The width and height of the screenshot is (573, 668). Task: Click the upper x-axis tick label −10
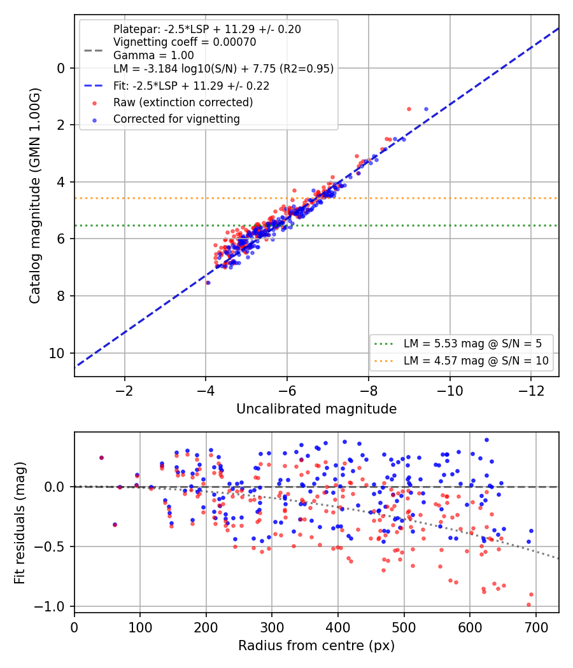pos(449,390)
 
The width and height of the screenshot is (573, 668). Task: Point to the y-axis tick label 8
pos(61,296)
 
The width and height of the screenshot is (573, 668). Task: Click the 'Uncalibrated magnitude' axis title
pos(316,409)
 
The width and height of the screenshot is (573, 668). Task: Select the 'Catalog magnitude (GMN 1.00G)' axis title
pos(35,195)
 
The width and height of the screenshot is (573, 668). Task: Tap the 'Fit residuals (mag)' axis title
pos(20,523)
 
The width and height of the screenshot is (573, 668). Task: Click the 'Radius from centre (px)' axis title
pos(316,646)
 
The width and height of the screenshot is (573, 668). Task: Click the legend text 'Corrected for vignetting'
pos(176,119)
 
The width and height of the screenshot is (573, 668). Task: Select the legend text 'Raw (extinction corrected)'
pos(183,102)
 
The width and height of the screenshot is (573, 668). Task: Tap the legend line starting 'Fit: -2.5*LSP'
pos(192,86)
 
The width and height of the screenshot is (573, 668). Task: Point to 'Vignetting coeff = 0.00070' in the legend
pos(185,42)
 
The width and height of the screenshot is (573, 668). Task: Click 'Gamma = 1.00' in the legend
pos(153,55)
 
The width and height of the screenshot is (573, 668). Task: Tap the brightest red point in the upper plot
pos(409,109)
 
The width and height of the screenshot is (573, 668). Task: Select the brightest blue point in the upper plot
pos(426,109)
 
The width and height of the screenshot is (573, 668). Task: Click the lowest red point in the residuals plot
pos(528,605)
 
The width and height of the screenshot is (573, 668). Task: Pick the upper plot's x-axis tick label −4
pos(206,390)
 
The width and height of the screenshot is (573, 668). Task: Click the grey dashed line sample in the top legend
pos(94,51)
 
